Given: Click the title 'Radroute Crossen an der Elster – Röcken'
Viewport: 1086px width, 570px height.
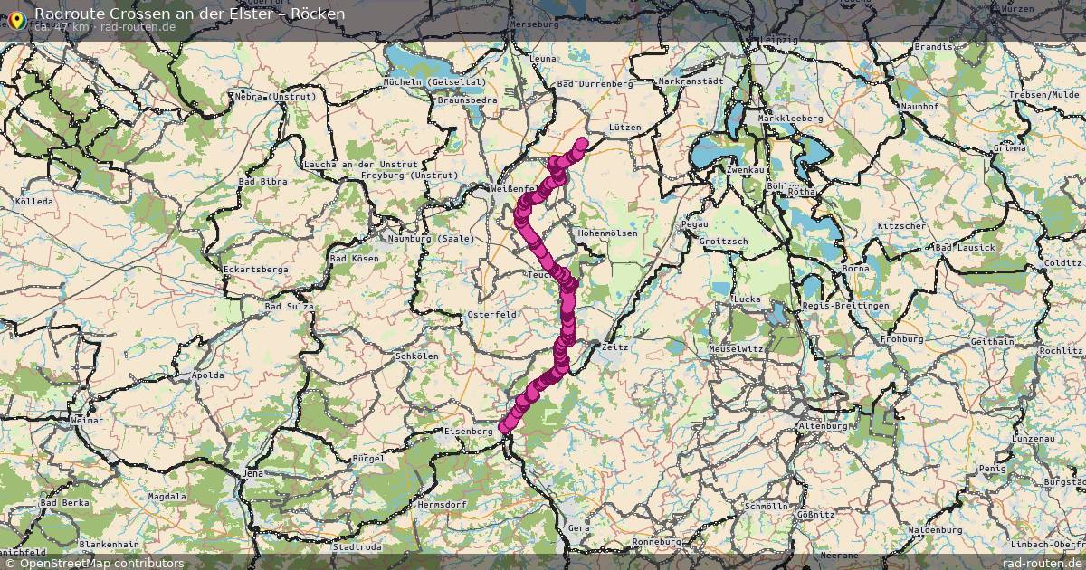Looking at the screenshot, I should pyautogui.click(x=189, y=14).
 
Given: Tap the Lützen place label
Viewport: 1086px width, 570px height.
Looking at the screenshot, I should pyautogui.click(x=625, y=128).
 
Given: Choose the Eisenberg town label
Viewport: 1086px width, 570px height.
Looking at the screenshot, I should pyautogui.click(x=469, y=432).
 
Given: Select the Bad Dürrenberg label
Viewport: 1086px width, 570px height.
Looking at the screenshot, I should pyautogui.click(x=594, y=83).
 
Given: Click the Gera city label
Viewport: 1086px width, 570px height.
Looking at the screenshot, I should pyautogui.click(x=577, y=527).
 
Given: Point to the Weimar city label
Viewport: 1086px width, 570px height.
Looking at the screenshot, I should pyautogui.click(x=87, y=422).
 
